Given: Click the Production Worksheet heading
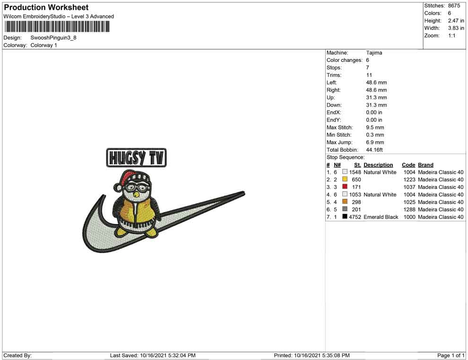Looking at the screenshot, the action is point(46,8).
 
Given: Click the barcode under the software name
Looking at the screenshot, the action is point(57,27).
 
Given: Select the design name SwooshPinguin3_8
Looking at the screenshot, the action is point(53,38).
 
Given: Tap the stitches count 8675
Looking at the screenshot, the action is point(454,6).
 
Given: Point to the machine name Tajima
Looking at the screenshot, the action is point(374,53).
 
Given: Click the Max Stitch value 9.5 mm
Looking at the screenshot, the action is point(375,128).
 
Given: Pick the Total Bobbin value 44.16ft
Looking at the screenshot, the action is point(374,150).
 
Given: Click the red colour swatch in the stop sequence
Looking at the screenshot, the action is point(345,187).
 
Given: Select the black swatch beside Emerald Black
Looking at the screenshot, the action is point(345,216).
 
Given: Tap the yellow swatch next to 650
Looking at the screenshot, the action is point(345,179).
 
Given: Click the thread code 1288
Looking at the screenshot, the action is point(409,209).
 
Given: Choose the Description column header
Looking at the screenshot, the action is point(378,165).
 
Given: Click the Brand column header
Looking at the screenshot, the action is point(425,165).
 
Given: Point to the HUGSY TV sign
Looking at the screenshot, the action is point(137,157).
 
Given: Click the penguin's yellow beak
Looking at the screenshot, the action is point(137,195).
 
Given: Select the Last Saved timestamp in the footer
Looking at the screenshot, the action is point(153,355).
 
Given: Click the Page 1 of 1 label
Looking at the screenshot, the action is point(451,355).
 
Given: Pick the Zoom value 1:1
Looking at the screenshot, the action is point(451,35).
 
